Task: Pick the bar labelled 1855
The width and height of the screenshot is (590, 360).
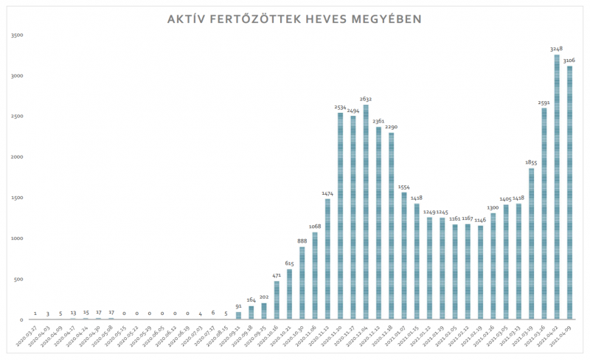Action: click(x=532, y=244)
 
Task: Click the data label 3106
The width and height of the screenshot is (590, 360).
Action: click(x=570, y=60)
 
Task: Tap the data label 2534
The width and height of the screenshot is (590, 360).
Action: click(x=340, y=107)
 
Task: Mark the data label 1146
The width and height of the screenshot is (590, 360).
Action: click(x=481, y=219)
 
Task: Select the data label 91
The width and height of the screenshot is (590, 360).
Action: click(x=238, y=305)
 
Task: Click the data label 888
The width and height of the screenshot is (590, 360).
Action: click(x=302, y=240)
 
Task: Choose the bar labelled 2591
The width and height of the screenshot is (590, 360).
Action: click(x=544, y=214)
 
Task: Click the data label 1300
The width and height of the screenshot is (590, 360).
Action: click(x=493, y=207)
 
